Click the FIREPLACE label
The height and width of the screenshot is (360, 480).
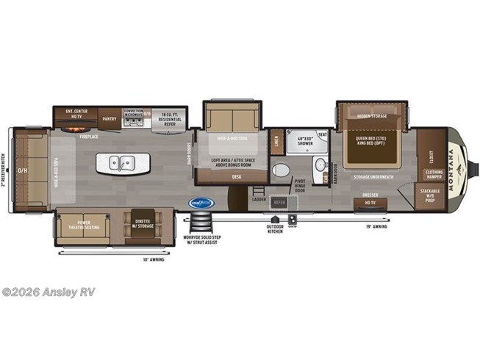pyautogui.click(x=90, y=136)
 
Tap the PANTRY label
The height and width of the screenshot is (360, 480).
pyautogui.click(x=110, y=117)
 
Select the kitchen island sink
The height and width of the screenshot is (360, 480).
pyautogui.click(x=118, y=162)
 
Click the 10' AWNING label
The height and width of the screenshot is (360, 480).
pyautogui.click(x=154, y=259)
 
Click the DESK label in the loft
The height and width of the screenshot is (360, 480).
pyautogui.click(x=236, y=176)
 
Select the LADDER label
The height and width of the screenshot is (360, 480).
pyautogui.click(x=258, y=198)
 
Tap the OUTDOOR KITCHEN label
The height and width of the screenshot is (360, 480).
pyautogui.click(x=276, y=228)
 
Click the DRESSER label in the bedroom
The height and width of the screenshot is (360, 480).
pyautogui.click(x=370, y=195)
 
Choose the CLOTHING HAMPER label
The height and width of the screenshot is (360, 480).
pyautogui.click(x=434, y=174)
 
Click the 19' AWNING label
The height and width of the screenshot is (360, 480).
pyautogui.click(x=376, y=227)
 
